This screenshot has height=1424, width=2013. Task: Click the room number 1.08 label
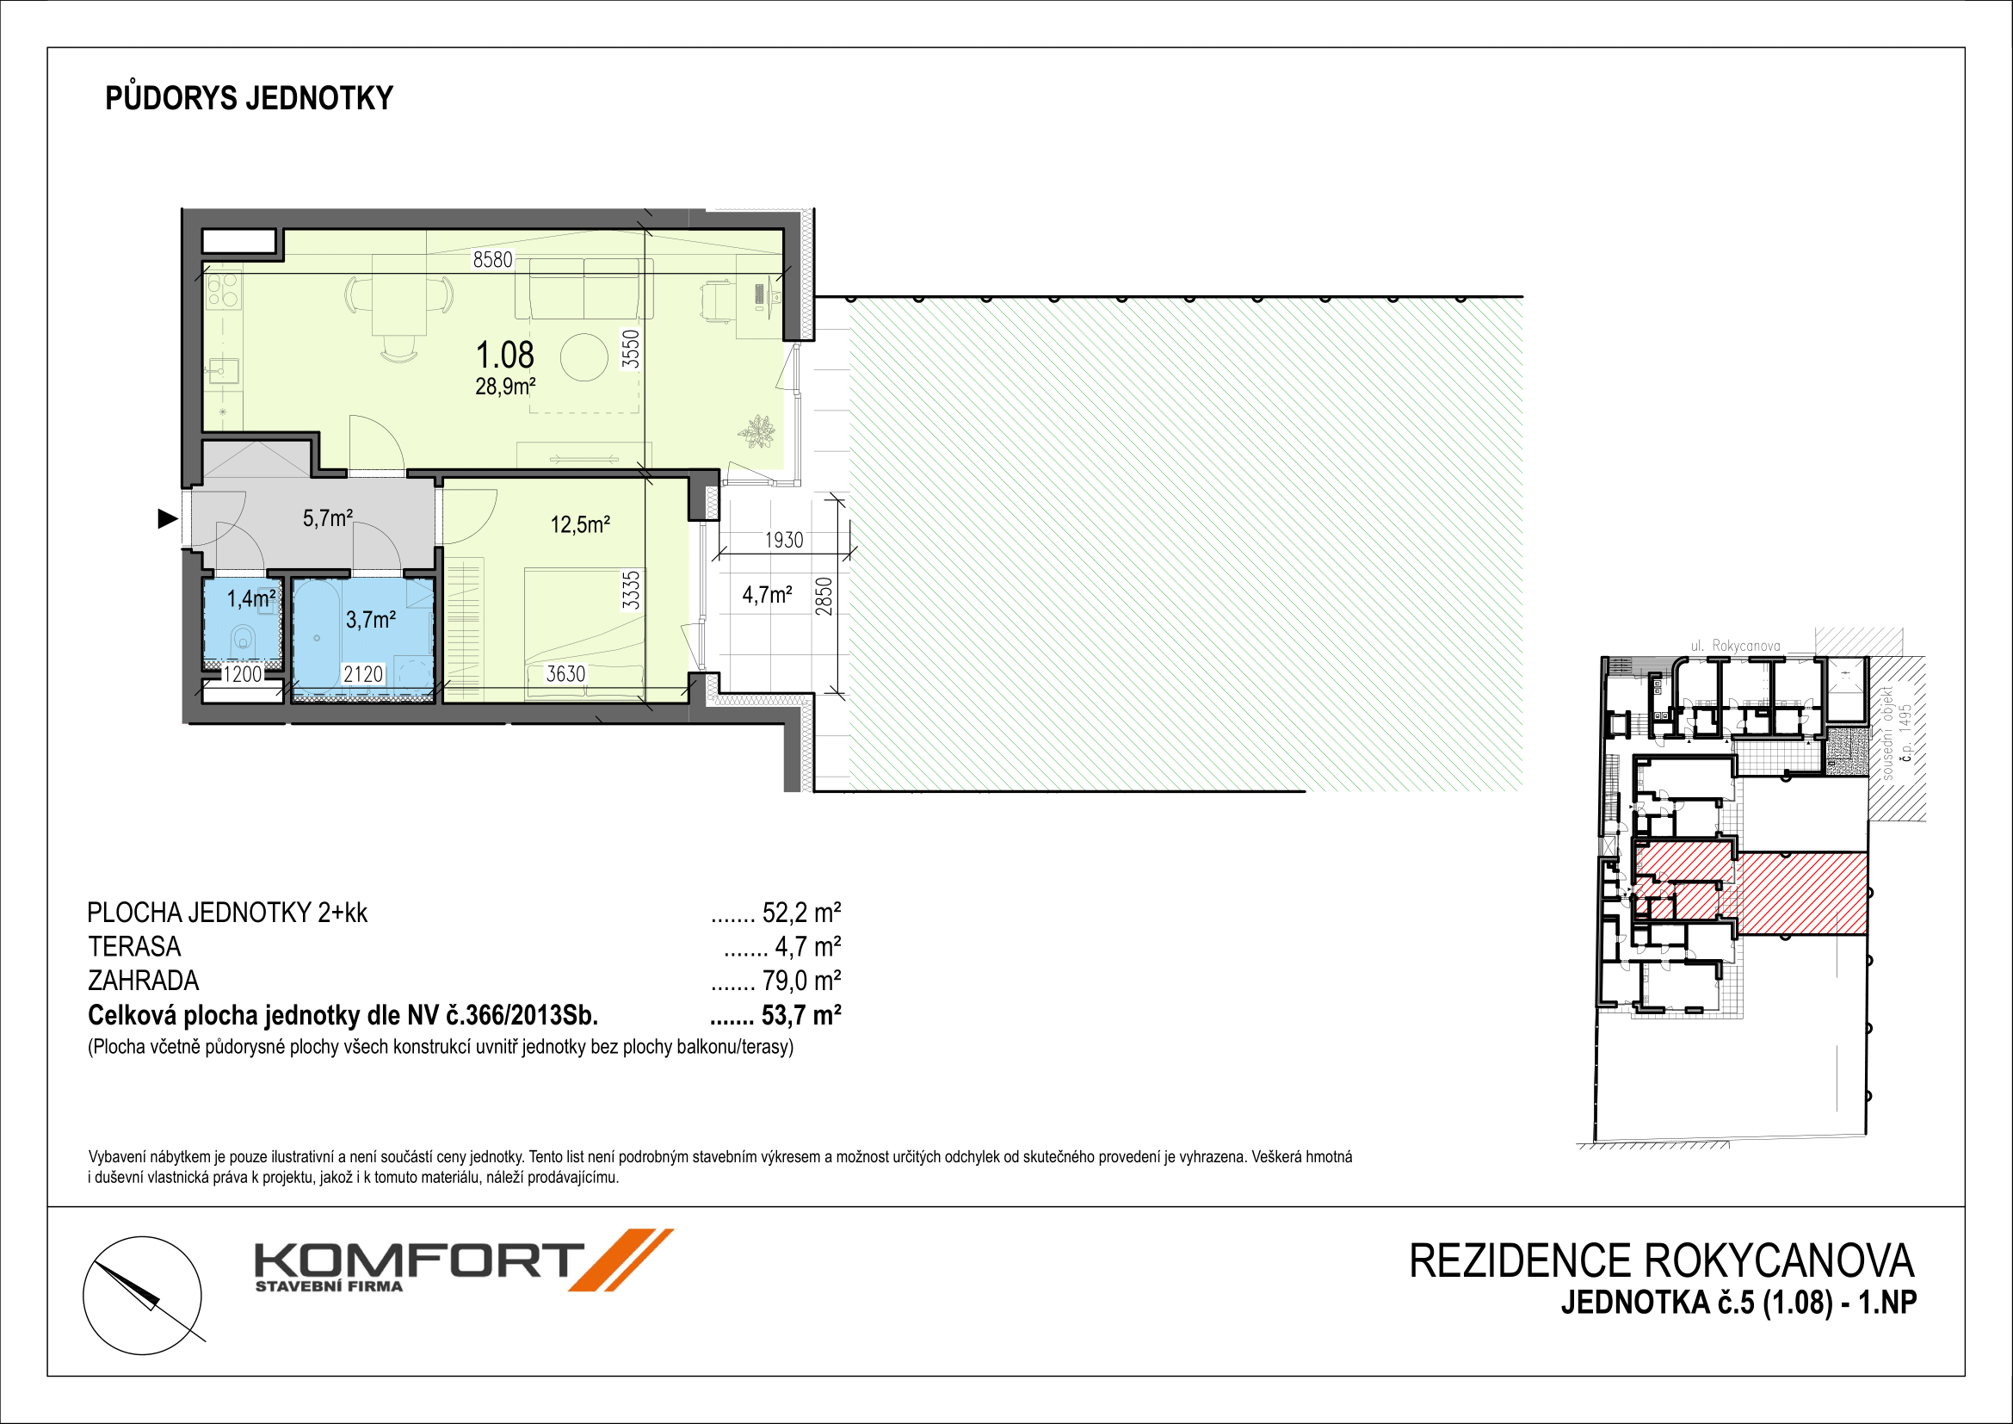click(504, 355)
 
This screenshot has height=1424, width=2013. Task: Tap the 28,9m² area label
click(505, 386)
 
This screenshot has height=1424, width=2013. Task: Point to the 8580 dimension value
click(492, 259)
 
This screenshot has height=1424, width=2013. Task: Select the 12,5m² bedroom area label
click(579, 524)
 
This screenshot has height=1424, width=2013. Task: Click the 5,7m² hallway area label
click(328, 517)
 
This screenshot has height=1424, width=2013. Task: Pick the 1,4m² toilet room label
click(250, 599)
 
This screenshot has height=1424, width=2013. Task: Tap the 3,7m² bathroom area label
click(371, 620)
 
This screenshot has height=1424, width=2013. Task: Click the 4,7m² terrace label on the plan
click(767, 596)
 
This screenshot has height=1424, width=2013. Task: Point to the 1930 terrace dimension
click(784, 540)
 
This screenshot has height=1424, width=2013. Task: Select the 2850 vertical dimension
click(824, 597)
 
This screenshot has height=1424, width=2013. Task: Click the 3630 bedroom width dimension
click(565, 673)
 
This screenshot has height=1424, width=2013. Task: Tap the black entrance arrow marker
click(168, 519)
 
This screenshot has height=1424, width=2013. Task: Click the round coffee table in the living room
click(584, 357)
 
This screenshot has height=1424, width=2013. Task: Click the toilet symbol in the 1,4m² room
click(243, 638)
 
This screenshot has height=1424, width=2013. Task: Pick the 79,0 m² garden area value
click(801, 981)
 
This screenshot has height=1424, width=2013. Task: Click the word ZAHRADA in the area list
click(144, 981)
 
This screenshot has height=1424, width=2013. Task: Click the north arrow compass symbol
click(142, 1295)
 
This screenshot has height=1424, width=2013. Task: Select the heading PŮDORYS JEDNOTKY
click(249, 97)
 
